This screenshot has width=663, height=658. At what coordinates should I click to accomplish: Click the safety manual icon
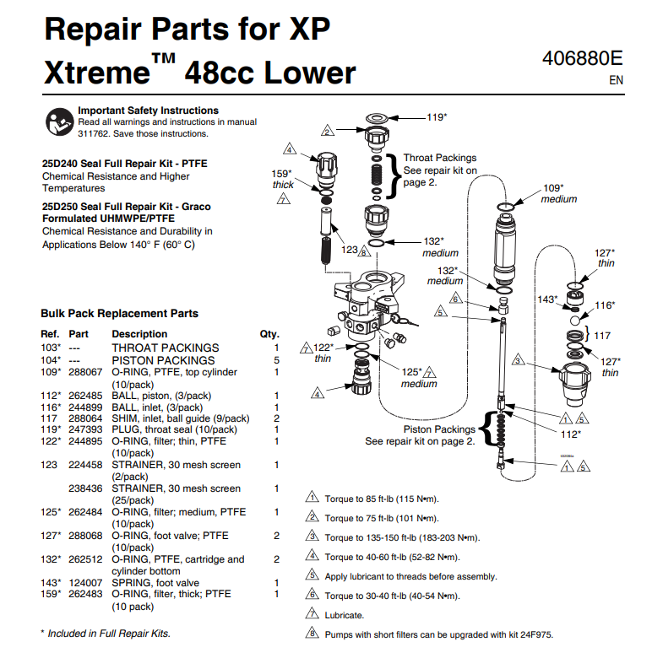coord(58,121)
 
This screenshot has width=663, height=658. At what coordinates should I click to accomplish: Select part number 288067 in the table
coord(84,371)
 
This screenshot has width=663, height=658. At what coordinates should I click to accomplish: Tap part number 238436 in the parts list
coord(84,488)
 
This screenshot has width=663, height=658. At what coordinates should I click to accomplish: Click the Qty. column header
coord(269,334)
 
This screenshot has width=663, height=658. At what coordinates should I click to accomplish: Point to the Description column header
coord(139,334)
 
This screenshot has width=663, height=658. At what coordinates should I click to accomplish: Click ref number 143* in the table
coord(52,582)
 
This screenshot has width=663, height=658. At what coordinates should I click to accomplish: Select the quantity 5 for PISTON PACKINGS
coord(276,359)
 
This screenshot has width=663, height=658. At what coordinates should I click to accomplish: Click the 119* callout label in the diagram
coord(436,117)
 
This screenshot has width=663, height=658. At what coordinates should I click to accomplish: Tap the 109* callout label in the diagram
coord(553,187)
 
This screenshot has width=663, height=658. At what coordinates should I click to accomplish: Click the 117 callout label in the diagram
coord(602,335)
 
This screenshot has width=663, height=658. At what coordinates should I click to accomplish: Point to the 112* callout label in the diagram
coord(572,434)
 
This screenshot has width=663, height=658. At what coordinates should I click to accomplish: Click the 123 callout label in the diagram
coord(350,250)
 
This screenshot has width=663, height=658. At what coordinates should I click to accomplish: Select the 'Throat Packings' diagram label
coord(439,158)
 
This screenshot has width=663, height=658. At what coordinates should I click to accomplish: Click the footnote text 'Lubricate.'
coord(345,616)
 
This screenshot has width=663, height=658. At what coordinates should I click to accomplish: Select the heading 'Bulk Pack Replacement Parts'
coord(120,313)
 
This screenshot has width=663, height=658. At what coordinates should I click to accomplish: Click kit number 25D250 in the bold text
coord(58,206)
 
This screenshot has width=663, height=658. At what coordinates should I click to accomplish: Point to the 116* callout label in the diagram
coord(604,305)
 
